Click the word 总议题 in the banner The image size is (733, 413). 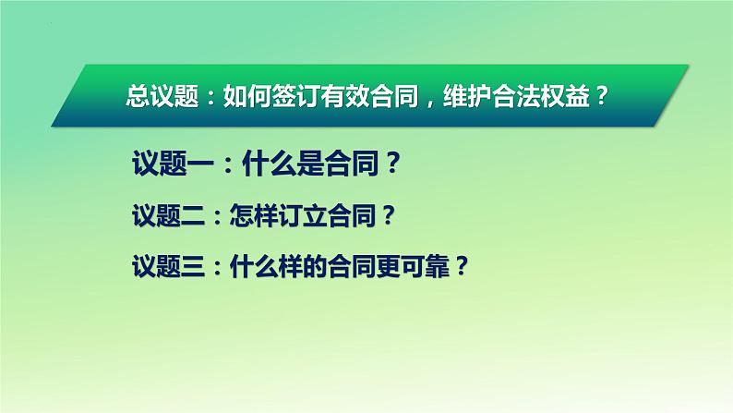click(162, 96)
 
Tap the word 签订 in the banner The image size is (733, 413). click(296, 96)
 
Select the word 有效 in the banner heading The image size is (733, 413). click(345, 96)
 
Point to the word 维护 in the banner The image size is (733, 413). click(467, 96)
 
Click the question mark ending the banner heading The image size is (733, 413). click(602, 96)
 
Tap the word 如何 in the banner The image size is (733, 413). click(247, 96)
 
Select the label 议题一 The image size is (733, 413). click(173, 164)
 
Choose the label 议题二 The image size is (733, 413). click(169, 215)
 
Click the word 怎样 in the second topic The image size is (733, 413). click(253, 215)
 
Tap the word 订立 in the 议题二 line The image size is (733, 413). click(303, 215)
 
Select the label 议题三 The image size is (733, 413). click(169, 267)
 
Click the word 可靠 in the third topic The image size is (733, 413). click(425, 267)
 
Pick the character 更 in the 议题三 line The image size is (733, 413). click(388, 267)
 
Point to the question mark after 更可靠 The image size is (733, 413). click(461, 267)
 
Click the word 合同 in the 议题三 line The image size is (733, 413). click(352, 267)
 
